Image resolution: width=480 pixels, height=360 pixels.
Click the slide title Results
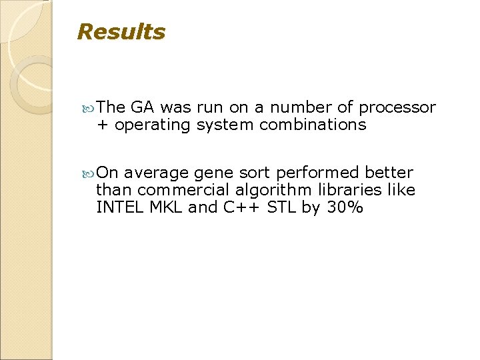click(121, 32)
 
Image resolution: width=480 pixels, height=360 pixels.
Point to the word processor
click(397, 107)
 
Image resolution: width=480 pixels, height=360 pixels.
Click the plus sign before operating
click(102, 125)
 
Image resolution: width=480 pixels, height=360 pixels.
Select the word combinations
click(313, 125)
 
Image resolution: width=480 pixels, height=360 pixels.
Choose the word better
click(389, 173)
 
